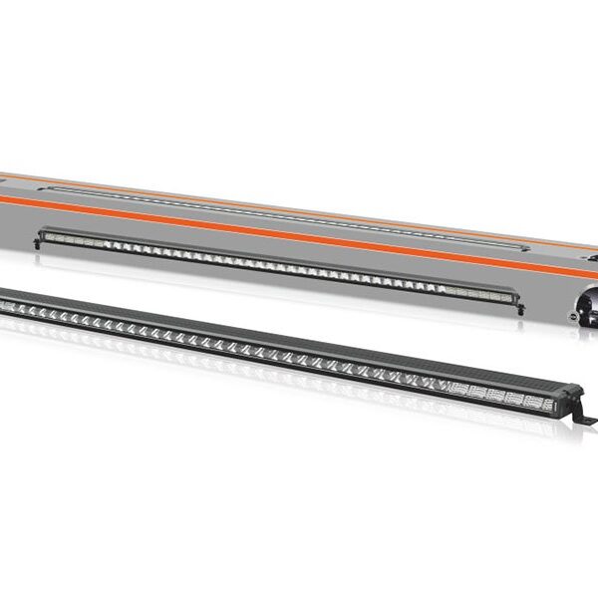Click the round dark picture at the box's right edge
coord(589,299)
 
